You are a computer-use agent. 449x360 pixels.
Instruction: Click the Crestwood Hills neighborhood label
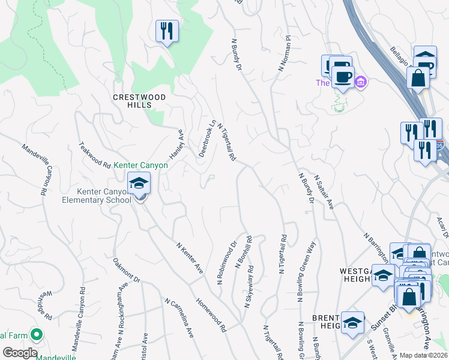point(132,100)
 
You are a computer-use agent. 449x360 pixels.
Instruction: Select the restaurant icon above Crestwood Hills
point(166,31)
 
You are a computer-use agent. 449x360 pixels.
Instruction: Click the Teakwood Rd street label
point(95,155)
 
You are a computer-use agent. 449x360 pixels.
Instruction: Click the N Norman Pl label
point(284,53)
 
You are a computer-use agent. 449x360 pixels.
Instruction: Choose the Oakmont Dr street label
point(126,271)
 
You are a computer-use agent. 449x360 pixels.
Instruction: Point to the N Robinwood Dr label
point(227,262)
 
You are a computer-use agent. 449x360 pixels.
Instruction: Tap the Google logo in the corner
point(20,353)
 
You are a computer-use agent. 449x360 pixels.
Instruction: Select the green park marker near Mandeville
point(36,334)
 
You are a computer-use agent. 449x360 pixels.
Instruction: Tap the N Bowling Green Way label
point(306,274)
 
